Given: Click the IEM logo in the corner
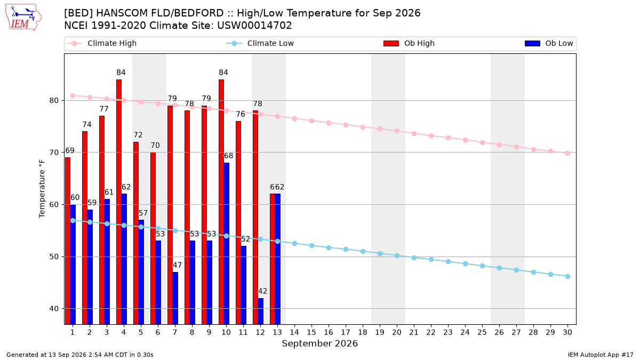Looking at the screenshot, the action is point(23,18).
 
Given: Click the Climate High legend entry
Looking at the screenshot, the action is point(101,43).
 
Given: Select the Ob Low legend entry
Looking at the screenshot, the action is point(549,43).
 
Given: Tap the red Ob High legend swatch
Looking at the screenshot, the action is point(391,43).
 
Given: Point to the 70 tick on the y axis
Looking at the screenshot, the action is point(54,153).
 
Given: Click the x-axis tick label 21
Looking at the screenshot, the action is point(414,332).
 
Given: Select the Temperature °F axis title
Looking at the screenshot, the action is point(42,189).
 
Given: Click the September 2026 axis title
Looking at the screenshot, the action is point(319,343).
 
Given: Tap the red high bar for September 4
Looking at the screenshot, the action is point(119,202).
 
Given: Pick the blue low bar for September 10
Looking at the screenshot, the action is point(226,243).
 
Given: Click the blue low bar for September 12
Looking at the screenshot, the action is point(261,311).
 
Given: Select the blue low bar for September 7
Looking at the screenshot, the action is point(175,298).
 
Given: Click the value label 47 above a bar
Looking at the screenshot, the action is point(177,265).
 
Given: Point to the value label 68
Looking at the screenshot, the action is point(228,156).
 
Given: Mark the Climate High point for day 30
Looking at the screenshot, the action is point(567,154).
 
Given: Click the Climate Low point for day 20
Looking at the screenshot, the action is point(397,255).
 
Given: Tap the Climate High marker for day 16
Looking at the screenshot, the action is point(329,123).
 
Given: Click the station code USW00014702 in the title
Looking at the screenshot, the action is point(254,26).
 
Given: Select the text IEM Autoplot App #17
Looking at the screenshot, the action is point(601,355).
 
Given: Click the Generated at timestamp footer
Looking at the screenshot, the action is point(80,355).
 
